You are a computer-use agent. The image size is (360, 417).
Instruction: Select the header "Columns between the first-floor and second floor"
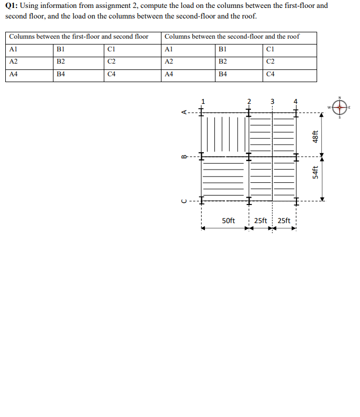pyautogui.click(x=79, y=37)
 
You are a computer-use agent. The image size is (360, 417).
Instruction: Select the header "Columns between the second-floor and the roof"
pyautogui.click(x=232, y=37)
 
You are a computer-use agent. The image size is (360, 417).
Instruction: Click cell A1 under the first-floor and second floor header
pyautogui.click(x=14, y=49)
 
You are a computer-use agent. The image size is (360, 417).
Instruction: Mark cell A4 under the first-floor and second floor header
pyautogui.click(x=14, y=75)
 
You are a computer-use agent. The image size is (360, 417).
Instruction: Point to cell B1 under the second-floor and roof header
pyautogui.click(x=223, y=49)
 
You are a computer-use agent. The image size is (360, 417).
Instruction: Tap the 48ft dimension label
pyautogui.click(x=315, y=136)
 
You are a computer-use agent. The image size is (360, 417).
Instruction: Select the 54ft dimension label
pyautogui.click(x=315, y=173)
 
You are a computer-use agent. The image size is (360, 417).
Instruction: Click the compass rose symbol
pyautogui.click(x=339, y=107)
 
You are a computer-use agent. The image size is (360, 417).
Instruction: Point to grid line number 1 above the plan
pyautogui.click(x=202, y=101)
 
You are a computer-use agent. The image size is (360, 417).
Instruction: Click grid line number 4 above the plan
pyautogui.click(x=296, y=101)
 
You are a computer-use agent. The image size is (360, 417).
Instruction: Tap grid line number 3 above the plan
pyautogui.click(x=273, y=101)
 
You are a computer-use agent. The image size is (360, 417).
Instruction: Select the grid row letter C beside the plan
pyautogui.click(x=184, y=201)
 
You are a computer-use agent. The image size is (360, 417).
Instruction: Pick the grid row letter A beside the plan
pyautogui.click(x=184, y=112)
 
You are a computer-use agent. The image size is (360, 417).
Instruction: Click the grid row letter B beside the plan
pyautogui.click(x=184, y=156)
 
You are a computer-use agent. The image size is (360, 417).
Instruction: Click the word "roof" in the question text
pyautogui.click(x=247, y=15)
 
